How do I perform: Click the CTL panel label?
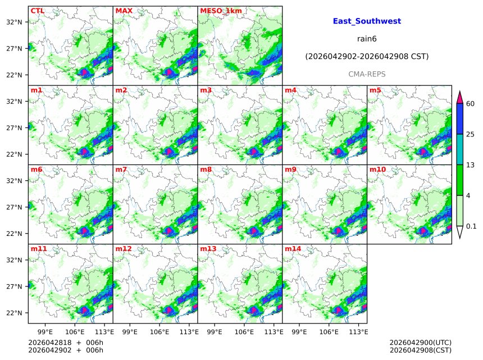point(38,11)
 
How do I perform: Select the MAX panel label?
point(124,11)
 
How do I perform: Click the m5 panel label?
point(375,90)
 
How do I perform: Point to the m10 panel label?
point(377,169)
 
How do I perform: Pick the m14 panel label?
point(293,248)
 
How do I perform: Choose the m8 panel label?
point(206,169)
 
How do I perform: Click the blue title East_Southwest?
point(367,21)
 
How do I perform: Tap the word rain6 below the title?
point(367,39)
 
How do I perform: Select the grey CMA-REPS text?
point(367,74)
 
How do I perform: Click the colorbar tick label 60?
point(471,103)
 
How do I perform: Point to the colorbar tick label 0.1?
point(471,226)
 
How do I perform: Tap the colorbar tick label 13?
point(471,165)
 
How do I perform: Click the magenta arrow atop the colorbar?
point(459,97)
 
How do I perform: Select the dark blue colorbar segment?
point(459,119)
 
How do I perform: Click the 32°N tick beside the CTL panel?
point(14,22)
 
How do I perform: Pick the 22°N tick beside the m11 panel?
point(14,313)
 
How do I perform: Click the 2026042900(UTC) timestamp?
point(420,343)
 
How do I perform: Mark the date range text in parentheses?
point(367,57)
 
